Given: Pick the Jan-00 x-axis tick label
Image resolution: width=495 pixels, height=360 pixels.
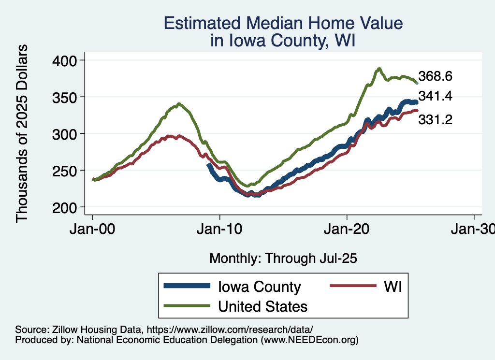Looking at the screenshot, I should coord(93,230).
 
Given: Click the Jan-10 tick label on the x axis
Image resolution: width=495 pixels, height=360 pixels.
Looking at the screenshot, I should coord(220,230).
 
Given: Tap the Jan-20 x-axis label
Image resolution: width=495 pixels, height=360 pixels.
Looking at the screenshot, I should coord(347,230).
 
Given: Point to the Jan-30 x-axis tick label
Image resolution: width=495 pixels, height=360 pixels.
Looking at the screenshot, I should coord(473,230).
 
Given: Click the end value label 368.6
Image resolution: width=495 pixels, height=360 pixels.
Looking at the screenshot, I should coord(436,76).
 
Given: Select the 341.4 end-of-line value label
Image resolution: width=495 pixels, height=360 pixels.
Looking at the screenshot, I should coord(436,96).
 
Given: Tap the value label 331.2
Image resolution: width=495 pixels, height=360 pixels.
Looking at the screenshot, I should coord(436,119).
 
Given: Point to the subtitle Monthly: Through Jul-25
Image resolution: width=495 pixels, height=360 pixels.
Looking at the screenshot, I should coord(283,259).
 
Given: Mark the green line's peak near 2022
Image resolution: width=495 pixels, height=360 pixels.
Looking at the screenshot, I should coord(379,69).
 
